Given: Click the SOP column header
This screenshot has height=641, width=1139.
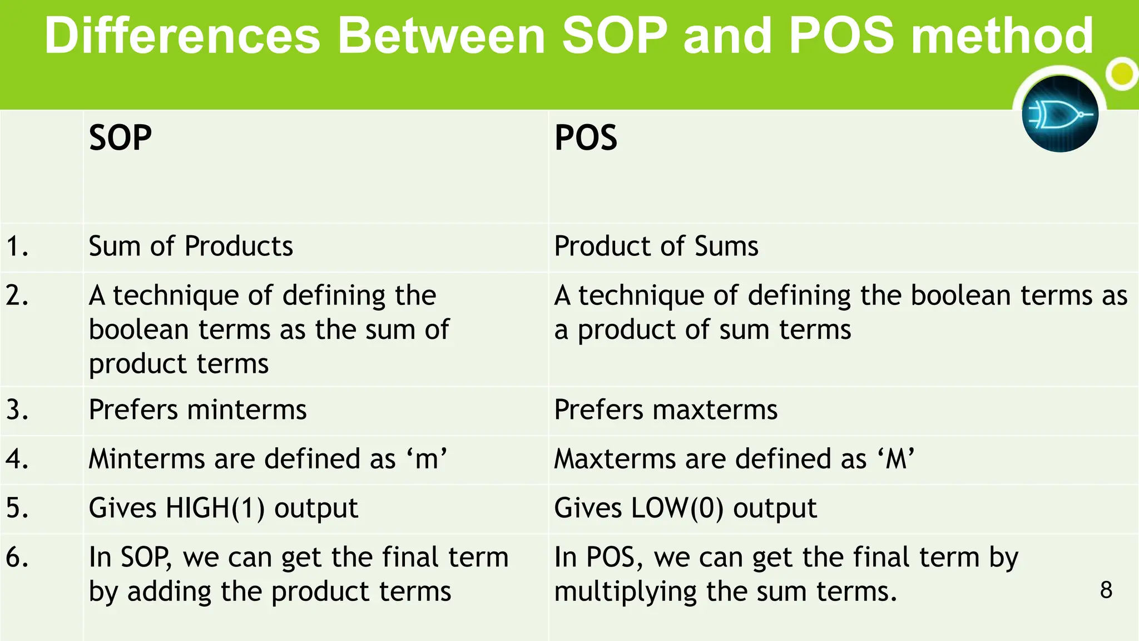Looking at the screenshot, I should pyautogui.click(x=120, y=138).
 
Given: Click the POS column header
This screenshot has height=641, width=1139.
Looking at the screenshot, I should pyautogui.click(x=586, y=138).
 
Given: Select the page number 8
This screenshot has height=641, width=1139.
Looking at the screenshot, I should pyautogui.click(x=1106, y=590).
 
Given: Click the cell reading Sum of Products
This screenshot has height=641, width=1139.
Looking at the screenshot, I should pyautogui.click(x=190, y=246).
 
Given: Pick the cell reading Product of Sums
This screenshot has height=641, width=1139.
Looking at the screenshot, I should pyautogui.click(x=656, y=246).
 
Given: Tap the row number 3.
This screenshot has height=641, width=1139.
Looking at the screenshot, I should pyautogui.click(x=17, y=410).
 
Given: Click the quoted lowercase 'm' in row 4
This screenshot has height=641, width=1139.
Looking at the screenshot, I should pyautogui.click(x=427, y=460).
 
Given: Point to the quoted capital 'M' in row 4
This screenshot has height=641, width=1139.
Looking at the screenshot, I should pyautogui.click(x=896, y=460).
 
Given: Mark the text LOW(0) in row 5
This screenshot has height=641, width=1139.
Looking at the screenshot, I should pyautogui.click(x=677, y=509).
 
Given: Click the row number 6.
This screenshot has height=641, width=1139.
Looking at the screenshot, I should pyautogui.click(x=17, y=558).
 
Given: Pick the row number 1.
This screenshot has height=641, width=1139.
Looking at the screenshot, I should pyautogui.click(x=17, y=246).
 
